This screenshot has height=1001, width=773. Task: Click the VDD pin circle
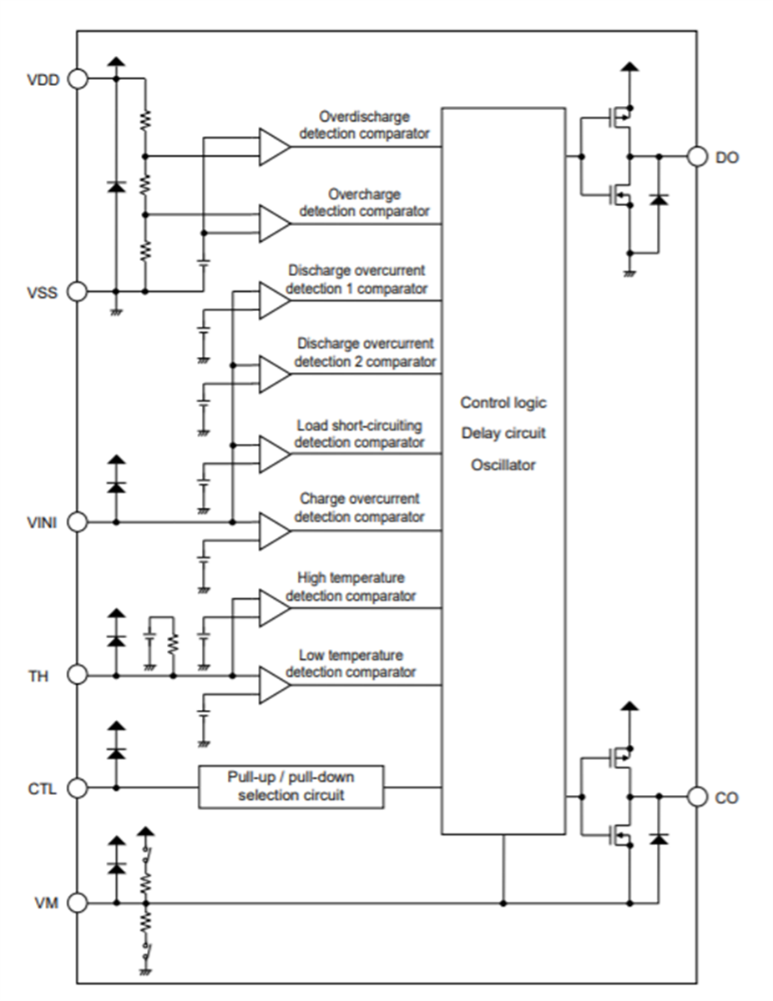[x=77, y=78]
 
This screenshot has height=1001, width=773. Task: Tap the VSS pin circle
[x=77, y=291]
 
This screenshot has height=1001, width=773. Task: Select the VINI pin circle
[x=77, y=522]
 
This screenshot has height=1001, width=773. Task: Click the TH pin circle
[x=77, y=675]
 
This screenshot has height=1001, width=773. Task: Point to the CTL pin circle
[x=77, y=787]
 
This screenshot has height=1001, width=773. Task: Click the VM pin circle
[x=77, y=903]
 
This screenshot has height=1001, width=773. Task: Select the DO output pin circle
[x=697, y=156]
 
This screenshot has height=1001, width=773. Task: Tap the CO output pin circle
[x=697, y=797]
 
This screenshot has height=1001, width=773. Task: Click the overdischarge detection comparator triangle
[x=273, y=147]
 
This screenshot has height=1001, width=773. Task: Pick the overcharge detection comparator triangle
[x=273, y=224]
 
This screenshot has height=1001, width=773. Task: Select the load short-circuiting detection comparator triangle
[x=273, y=454]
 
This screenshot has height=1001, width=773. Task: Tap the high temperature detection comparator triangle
[x=273, y=608]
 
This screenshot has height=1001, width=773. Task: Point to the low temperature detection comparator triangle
[x=273, y=685]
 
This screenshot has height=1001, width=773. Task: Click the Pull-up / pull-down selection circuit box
[x=291, y=787]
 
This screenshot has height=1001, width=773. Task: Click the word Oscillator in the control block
[x=503, y=465]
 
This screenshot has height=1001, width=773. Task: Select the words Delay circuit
[x=503, y=434]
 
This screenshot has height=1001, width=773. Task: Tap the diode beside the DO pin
[x=659, y=200]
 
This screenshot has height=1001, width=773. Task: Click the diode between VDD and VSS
[x=116, y=186]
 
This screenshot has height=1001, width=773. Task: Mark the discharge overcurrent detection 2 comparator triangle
[x=273, y=375]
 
